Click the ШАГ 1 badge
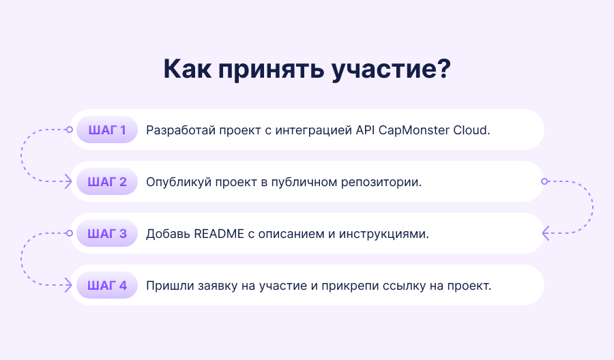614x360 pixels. click(x=107, y=130)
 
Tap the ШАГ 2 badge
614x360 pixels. click(x=107, y=181)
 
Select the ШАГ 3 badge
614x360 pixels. click(x=107, y=234)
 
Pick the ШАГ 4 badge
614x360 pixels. click(x=107, y=285)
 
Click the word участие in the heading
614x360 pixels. click(x=391, y=70)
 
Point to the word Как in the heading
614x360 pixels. click(x=187, y=69)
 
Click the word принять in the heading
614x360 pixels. click(x=271, y=70)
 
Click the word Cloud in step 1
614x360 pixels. click(x=471, y=130)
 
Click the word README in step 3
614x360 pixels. click(x=219, y=234)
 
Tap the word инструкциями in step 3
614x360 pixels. click(x=383, y=234)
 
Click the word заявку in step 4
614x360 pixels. click(x=218, y=286)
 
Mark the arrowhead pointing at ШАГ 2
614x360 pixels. click(x=68, y=181)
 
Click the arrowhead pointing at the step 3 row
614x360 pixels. click(x=546, y=233)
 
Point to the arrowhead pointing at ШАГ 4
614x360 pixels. click(x=68, y=285)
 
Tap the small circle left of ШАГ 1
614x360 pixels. click(x=70, y=130)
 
